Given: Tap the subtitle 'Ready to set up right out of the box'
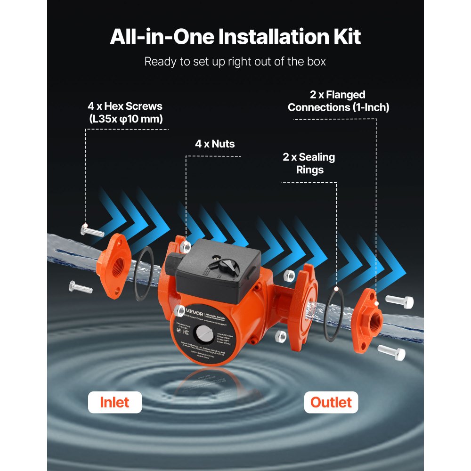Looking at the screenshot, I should coord(235,62).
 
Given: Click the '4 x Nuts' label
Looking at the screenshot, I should coord(215,144).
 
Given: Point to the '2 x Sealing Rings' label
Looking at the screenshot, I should coord(309,163).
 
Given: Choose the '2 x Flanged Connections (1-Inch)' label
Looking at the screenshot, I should coord(338,101).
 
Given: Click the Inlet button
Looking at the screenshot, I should coord(114,402).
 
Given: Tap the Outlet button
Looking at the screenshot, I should coord(331,402).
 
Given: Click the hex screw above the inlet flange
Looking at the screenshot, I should coord(92,230).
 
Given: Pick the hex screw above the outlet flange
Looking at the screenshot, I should coord(399,301).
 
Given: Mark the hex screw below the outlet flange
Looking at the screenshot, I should coord(391,351).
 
